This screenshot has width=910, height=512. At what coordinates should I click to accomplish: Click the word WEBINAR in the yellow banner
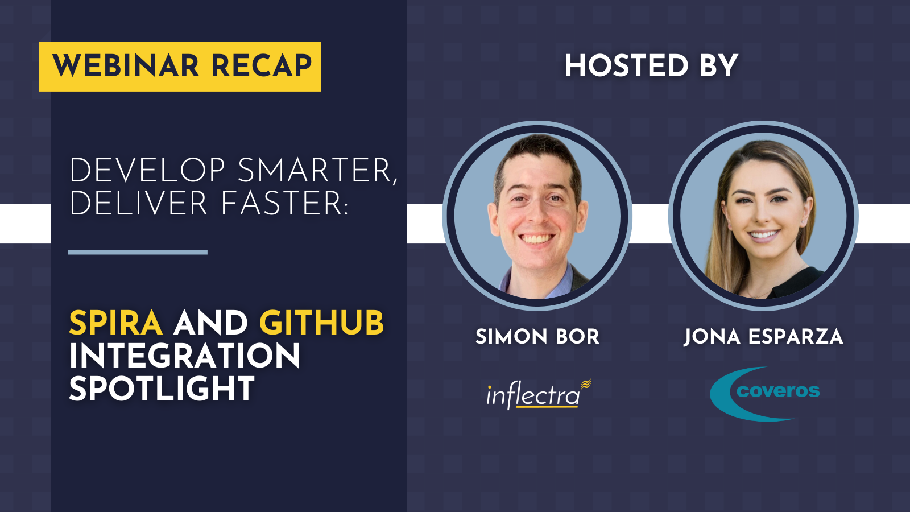point(126,66)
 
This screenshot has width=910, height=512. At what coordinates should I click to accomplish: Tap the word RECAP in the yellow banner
point(262,66)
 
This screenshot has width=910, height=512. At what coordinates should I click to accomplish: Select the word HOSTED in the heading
point(626,66)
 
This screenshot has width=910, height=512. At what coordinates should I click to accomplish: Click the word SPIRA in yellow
point(116,323)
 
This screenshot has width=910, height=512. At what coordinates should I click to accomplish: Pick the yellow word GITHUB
point(321,323)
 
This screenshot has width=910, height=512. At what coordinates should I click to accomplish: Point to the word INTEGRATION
point(184,356)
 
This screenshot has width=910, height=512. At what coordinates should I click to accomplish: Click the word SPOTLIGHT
point(162,389)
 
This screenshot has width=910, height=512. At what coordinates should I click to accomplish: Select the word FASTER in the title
point(284,203)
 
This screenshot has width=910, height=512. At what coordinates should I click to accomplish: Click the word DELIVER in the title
point(139,203)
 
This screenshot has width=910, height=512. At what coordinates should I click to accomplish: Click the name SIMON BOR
point(537,337)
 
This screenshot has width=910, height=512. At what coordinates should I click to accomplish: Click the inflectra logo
point(539,394)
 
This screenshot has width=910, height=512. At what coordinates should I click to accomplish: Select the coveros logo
point(764,393)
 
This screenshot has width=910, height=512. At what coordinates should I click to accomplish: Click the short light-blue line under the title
point(138,253)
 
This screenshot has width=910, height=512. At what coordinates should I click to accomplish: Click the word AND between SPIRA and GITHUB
point(211,323)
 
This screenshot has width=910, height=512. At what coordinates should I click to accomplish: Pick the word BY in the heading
point(718,66)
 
